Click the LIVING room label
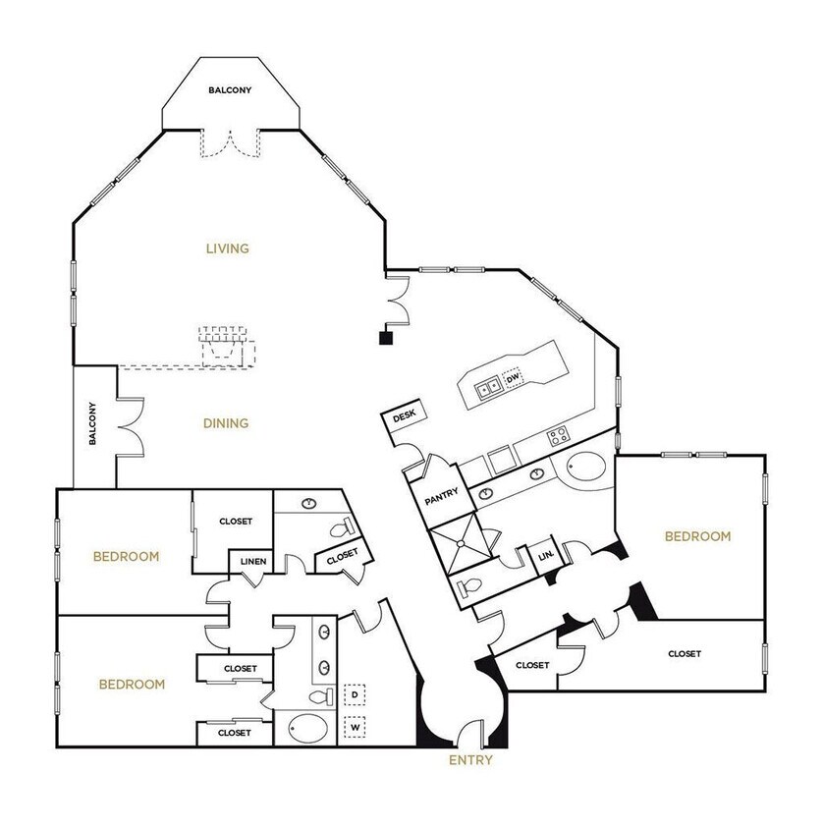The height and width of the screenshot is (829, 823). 227,249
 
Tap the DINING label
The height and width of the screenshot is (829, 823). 226,423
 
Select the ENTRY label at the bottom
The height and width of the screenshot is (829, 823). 470,760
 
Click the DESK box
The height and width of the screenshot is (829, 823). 404,417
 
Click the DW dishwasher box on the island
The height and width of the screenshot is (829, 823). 513,378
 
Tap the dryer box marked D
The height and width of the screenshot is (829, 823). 355,694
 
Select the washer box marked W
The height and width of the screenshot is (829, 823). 355,728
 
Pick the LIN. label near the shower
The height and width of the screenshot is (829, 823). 546,556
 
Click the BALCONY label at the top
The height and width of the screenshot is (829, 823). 230,90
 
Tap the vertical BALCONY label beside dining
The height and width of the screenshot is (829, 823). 92,424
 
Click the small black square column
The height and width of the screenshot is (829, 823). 386,338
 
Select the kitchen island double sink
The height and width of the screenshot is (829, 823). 490,387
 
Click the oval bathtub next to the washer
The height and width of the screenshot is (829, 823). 308,730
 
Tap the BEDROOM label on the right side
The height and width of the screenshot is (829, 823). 697,536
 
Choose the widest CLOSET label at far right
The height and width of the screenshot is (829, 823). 684,653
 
